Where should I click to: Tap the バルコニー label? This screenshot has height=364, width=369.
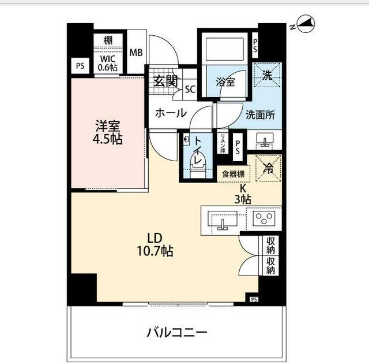click(x=176, y=333)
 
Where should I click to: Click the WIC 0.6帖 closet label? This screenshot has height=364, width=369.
click(x=108, y=62)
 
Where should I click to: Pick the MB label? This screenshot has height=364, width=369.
click(x=136, y=53)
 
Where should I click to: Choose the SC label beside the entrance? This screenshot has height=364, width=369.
click(x=190, y=89)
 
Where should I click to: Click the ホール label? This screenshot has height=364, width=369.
click(x=170, y=113)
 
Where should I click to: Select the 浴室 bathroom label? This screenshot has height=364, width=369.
click(x=225, y=82)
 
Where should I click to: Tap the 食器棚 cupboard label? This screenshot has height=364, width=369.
click(x=233, y=174)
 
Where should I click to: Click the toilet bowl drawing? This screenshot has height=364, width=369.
click(x=197, y=165)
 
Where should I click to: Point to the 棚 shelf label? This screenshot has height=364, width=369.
click(x=108, y=40)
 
